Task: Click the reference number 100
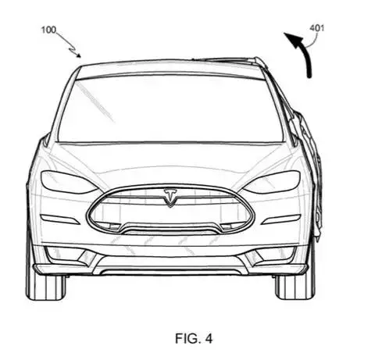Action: [48, 30]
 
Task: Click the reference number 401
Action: [317, 28]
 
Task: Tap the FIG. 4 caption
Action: [194, 338]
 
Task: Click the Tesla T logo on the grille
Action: [170, 198]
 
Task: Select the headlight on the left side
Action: [68, 182]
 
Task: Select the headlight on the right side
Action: [272, 182]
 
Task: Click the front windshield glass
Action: [170, 109]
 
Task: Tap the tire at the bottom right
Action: [295, 287]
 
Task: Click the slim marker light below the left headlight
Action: [60, 219]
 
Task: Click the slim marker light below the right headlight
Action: [281, 219]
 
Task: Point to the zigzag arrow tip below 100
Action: [80, 56]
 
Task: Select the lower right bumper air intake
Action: [271, 255]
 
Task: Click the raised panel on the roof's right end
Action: [229, 60]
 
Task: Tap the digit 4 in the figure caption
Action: [209, 338]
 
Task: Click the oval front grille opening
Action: [170, 211]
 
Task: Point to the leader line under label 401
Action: [315, 41]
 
